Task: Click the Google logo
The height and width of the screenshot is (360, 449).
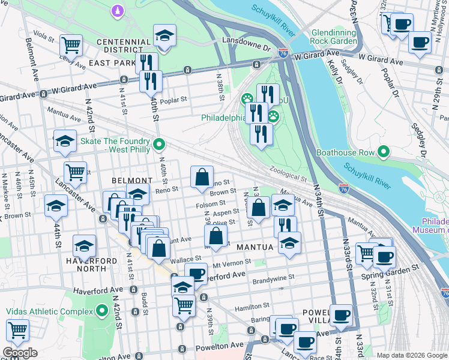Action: pyautogui.click(x=20, y=353)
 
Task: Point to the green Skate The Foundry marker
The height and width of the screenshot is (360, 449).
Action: pyautogui.click(x=159, y=144)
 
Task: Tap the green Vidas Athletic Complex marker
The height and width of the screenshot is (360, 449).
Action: pyautogui.click(x=102, y=311)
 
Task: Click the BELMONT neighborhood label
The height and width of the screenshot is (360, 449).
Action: pyautogui.click(x=131, y=181)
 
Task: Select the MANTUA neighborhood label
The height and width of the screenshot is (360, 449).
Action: pyautogui.click(x=255, y=247)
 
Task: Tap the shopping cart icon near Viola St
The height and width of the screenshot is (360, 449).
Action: pyautogui.click(x=71, y=45)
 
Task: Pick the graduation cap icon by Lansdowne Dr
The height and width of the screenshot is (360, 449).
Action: pyautogui.click(x=164, y=35)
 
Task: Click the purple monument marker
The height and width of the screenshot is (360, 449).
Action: pyautogui.click(x=118, y=10)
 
